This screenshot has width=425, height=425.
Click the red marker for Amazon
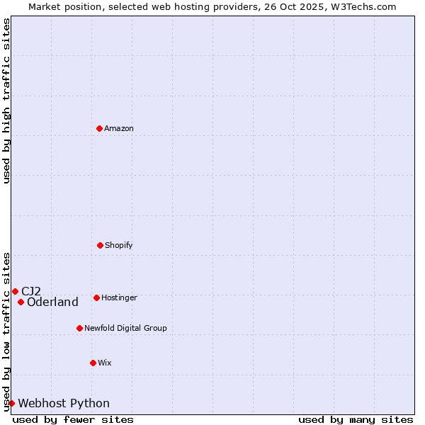[99, 128]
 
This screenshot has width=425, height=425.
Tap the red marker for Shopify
[100, 245]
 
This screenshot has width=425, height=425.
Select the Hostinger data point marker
[96, 297]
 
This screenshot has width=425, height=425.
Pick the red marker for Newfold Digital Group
[79, 328]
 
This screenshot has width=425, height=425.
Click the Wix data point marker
[93, 363]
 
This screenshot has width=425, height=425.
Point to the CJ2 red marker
[15, 291]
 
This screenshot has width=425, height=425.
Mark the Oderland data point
[21, 302]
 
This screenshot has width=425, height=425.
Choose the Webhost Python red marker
[11, 403]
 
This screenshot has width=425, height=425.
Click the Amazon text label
[119, 129]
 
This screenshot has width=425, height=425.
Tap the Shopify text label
[119, 246]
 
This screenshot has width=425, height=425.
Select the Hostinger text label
[119, 298]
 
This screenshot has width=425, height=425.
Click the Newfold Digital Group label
[125, 329]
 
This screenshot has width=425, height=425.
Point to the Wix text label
[105, 363]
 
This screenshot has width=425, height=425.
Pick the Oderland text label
[52, 302]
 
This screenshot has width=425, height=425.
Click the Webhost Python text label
[64, 404]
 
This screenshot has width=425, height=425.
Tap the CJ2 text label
[31, 291]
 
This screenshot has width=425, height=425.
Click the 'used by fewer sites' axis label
[73, 419]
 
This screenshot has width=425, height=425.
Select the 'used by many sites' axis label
[356, 419]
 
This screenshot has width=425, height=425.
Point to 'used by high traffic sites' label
[6, 101]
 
